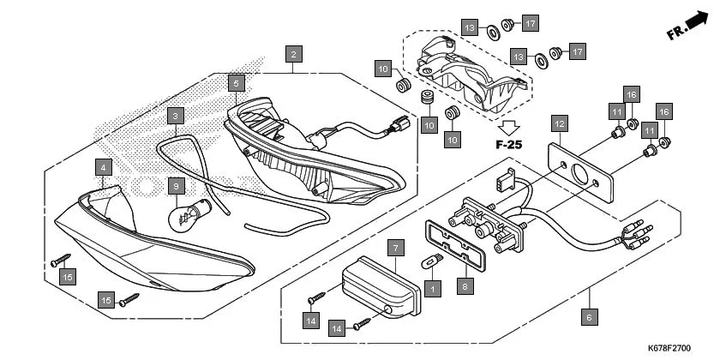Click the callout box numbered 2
(293, 54)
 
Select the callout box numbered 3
(174, 115)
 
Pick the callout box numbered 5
(236, 83)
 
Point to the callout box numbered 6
(589, 316)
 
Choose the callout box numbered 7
(395, 248)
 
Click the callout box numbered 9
(174, 184)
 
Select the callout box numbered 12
(559, 123)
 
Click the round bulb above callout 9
(183, 215)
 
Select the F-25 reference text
(508, 144)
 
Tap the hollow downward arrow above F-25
(507, 126)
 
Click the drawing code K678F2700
(669, 349)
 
